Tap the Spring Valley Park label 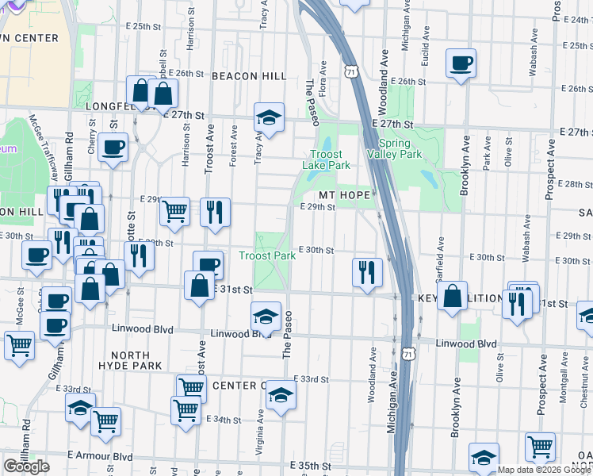click(394, 148)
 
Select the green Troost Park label click(267, 255)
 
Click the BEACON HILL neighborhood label click(248, 75)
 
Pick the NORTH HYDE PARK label click(131, 359)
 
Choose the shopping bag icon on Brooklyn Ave click(451, 297)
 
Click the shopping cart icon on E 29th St click(174, 211)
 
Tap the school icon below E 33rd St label click(280, 395)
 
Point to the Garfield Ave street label click(441, 251)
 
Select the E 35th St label click(310, 465)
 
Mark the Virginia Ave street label click(259, 432)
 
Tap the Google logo click(26, 466)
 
